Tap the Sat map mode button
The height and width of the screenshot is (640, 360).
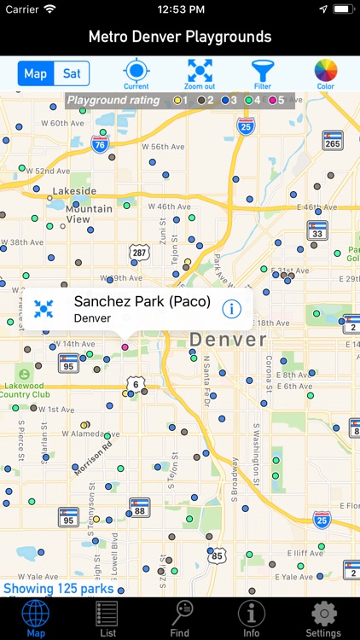(x=72, y=73)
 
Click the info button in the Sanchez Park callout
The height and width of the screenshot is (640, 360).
(x=231, y=308)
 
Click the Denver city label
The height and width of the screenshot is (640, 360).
(x=228, y=340)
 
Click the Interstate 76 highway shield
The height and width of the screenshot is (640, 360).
(x=99, y=145)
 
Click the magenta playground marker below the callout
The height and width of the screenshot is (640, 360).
(x=125, y=347)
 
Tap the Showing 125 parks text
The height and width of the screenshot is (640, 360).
(x=58, y=588)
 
